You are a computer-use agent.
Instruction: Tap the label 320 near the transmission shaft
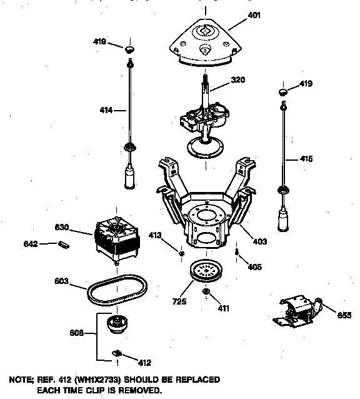237,79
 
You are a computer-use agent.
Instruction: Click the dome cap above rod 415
283,92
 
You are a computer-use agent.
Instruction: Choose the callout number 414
106,111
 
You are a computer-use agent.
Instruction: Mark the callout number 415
306,159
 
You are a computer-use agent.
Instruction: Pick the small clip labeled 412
116,355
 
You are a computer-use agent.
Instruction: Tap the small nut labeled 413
181,253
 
